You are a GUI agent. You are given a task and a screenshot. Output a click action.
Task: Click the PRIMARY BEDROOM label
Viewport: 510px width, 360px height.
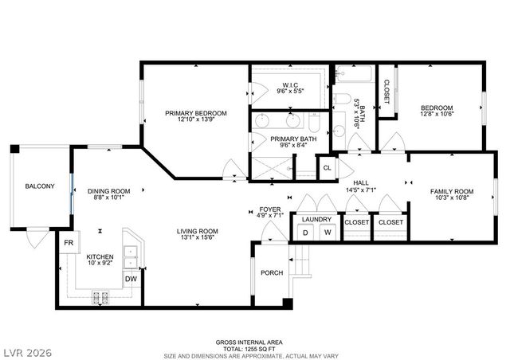tap(196, 113)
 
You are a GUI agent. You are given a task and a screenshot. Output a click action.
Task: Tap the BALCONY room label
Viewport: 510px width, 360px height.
tap(39, 186)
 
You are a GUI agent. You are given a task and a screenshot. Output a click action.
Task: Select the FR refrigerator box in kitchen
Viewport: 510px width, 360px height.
tap(69, 243)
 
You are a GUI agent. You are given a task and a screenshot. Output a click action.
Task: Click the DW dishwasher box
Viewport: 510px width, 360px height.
tap(131, 280)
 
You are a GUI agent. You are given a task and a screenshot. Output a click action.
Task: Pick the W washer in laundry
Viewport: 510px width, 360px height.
tap(327, 232)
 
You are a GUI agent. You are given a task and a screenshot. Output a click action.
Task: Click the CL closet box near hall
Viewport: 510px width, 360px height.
tap(327, 168)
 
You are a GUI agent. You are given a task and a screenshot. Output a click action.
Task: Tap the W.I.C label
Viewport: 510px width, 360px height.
tap(290, 85)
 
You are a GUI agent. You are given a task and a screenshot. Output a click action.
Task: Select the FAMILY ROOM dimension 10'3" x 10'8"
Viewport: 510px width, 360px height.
tap(452, 198)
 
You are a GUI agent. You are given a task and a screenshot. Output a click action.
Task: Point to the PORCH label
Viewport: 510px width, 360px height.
tap(272, 273)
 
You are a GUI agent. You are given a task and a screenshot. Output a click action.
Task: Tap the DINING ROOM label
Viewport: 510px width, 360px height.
tap(108, 191)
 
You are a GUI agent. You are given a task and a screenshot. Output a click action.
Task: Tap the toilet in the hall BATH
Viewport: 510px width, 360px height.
tap(341, 100)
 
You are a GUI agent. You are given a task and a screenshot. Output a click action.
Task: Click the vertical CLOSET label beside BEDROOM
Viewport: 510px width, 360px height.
tap(386, 93)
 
